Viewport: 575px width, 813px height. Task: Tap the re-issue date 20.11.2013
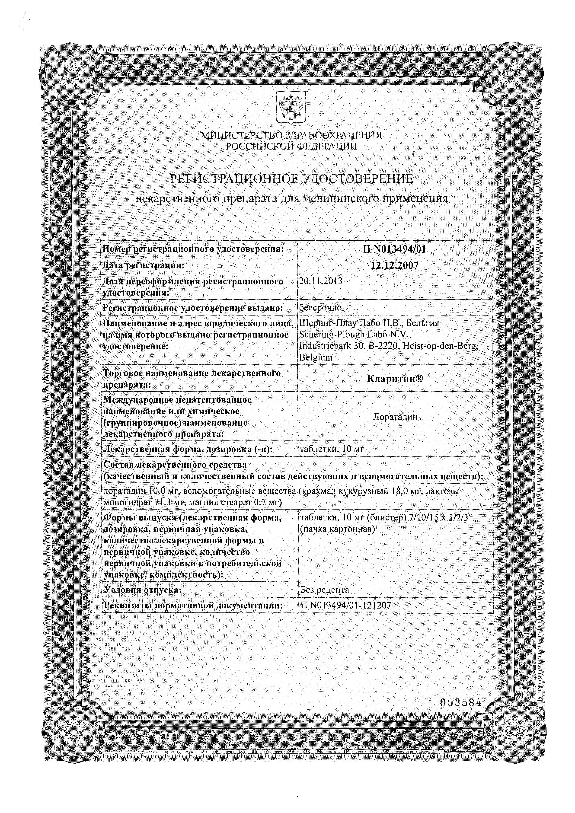coord(321,281)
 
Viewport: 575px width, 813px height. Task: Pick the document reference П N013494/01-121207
coord(345,606)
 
